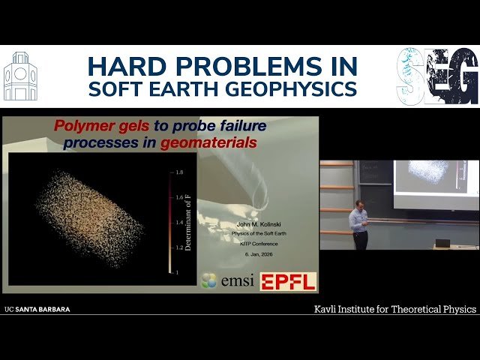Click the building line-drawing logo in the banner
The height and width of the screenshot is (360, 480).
pyautogui.click(x=20, y=77)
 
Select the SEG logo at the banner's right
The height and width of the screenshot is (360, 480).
pyautogui.click(x=437, y=76)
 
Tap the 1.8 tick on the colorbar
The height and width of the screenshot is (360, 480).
pyautogui.click(x=178, y=172)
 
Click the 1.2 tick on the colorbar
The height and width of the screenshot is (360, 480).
pyautogui.click(x=178, y=247)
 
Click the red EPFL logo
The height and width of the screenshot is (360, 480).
pyautogui.click(x=288, y=281)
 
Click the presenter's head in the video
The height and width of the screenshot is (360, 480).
pyautogui.click(x=359, y=205)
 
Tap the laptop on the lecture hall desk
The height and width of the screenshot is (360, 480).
pyautogui.click(x=442, y=243)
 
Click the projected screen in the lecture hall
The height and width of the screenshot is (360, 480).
pyautogui.click(x=435, y=183)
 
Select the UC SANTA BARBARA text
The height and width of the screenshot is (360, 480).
pyautogui.click(x=37, y=309)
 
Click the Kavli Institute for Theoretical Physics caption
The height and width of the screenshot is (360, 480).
pyautogui.click(x=394, y=309)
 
